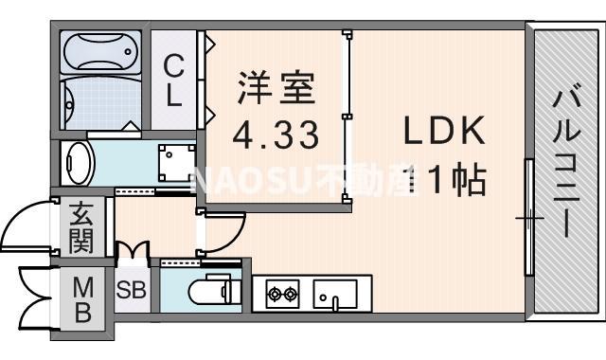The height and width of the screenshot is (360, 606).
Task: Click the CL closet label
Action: point(174,80)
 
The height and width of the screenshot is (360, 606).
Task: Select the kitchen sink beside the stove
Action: point(333,295)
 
